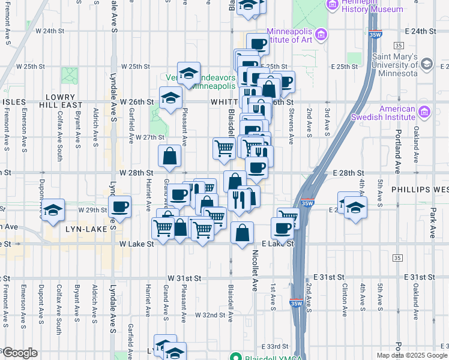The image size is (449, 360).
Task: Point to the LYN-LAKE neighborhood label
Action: tap(86, 229)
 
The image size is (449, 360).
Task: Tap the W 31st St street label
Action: tap(183, 278)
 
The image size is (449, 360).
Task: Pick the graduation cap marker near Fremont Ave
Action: tap(53, 210)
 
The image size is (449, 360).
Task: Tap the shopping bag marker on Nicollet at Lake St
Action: tap(242, 234)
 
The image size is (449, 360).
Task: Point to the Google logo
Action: tap(20, 353)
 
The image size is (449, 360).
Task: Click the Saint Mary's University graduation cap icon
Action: tap(427, 64)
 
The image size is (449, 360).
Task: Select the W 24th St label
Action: tap(50, 30)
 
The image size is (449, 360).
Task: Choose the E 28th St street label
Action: tap(348, 172)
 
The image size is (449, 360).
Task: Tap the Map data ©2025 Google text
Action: tap(411, 355)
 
